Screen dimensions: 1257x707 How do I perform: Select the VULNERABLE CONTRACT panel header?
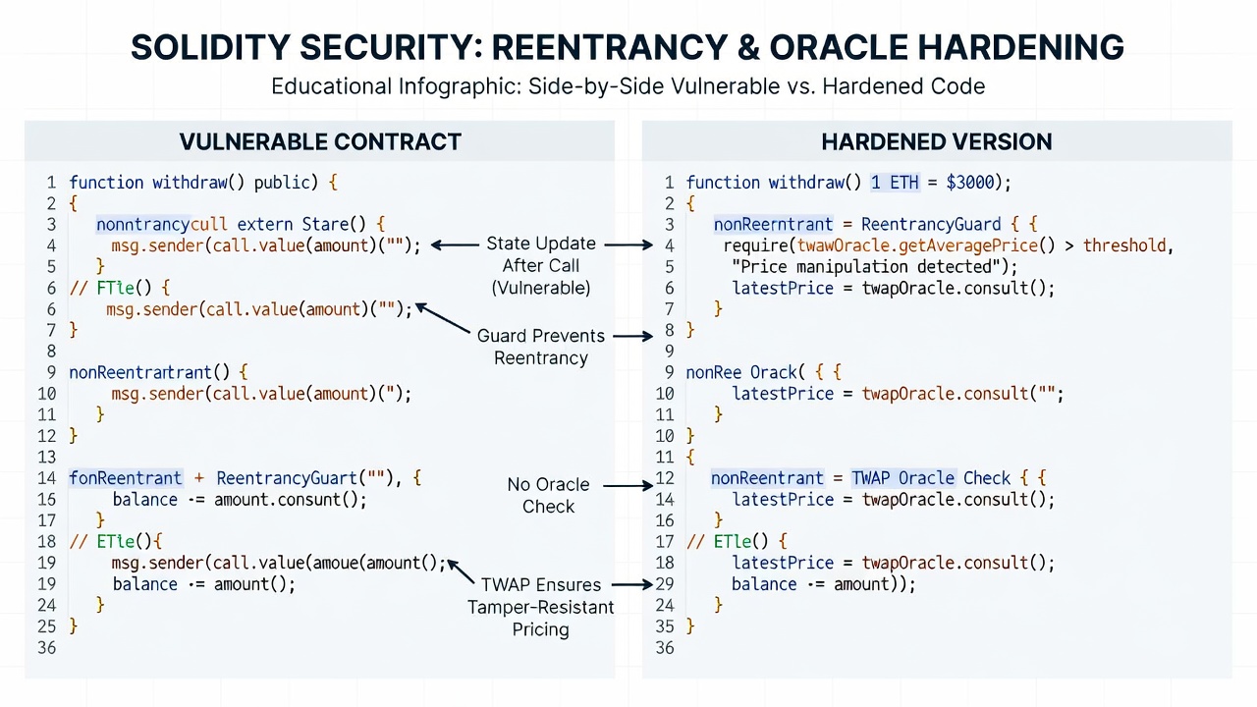click(x=320, y=142)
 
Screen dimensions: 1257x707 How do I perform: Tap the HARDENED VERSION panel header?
click(x=937, y=142)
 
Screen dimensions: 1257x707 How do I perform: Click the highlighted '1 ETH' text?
click(x=895, y=183)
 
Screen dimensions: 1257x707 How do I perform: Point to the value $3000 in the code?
click(x=969, y=183)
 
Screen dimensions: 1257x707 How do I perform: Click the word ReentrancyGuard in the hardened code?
click(x=931, y=225)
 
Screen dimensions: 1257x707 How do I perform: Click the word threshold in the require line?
click(x=1124, y=245)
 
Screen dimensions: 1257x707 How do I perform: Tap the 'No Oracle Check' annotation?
click(x=548, y=496)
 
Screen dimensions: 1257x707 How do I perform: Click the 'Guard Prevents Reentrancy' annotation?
click(x=541, y=347)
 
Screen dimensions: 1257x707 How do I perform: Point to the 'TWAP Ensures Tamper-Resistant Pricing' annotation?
click(x=541, y=607)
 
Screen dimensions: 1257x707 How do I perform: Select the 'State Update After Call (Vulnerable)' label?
click(x=541, y=265)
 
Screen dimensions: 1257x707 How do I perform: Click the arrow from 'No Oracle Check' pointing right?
click(x=628, y=486)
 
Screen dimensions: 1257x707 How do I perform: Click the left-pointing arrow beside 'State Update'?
click(x=455, y=245)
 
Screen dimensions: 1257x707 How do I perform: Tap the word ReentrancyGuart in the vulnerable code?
click(x=287, y=478)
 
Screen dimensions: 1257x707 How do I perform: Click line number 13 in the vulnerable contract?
click(x=47, y=458)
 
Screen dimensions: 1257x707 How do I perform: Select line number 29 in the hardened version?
click(x=665, y=584)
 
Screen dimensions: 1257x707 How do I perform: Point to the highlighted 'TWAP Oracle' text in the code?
click(x=902, y=478)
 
